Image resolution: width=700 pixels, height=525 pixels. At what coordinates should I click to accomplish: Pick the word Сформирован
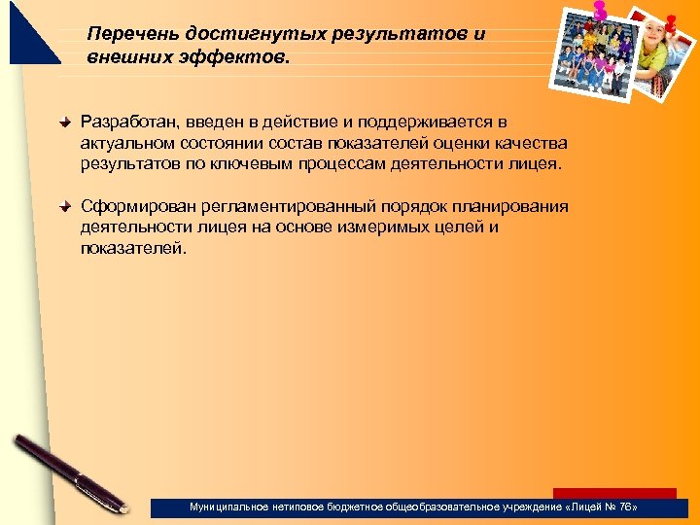[x=137, y=206]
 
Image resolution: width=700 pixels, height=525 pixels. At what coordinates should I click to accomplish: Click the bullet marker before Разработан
[x=65, y=123]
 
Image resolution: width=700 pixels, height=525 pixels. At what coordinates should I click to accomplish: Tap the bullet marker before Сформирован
[x=65, y=207]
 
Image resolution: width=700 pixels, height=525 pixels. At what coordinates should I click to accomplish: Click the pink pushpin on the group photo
[x=599, y=10]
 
